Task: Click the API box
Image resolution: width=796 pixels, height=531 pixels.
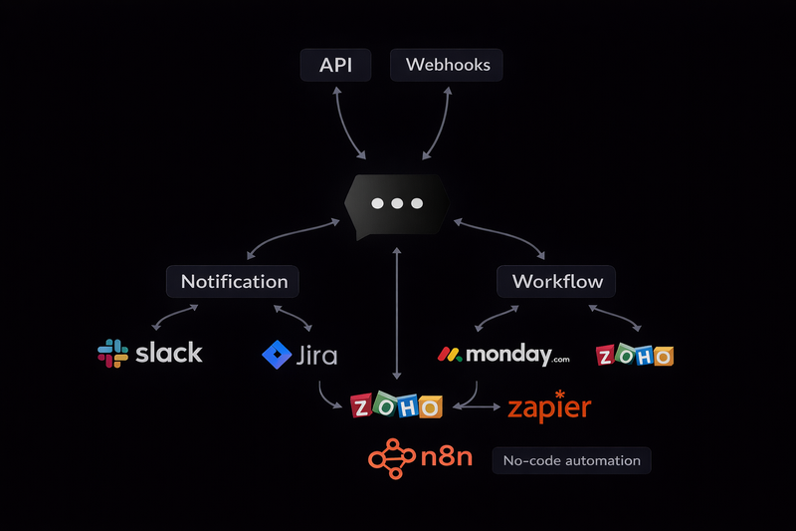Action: tap(334, 66)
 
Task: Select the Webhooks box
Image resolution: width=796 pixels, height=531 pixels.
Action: tap(447, 66)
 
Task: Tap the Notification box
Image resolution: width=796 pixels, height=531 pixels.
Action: tap(234, 281)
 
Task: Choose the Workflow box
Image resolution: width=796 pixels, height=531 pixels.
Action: tap(557, 281)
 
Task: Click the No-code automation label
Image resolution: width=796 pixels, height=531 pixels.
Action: tap(572, 460)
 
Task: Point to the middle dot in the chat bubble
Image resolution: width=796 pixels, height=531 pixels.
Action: tap(397, 203)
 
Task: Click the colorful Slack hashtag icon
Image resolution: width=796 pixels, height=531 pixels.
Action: tap(112, 353)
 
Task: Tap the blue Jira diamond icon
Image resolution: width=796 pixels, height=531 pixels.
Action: tap(275, 355)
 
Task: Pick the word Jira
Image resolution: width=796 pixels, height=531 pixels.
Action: tap(317, 356)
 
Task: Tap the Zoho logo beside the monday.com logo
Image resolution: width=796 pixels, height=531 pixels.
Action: tap(634, 356)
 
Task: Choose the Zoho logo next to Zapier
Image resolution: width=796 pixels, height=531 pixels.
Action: tap(396, 406)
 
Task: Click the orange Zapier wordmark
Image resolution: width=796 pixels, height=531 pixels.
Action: tap(549, 407)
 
